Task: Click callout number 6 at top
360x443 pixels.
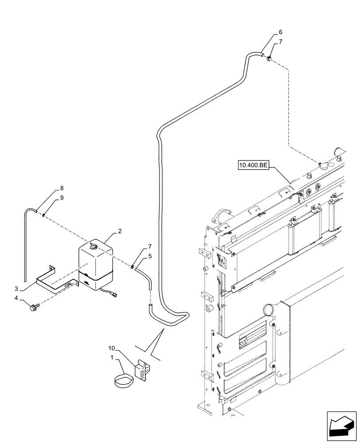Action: click(x=280, y=33)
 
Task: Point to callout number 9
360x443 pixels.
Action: click(x=62, y=198)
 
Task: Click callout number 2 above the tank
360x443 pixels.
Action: click(x=120, y=231)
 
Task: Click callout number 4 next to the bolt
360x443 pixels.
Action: click(x=16, y=298)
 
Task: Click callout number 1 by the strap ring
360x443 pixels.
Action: click(x=112, y=357)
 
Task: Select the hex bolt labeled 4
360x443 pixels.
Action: click(x=34, y=306)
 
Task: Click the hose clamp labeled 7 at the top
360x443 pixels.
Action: click(x=269, y=57)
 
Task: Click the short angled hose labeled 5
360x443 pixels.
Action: click(x=145, y=276)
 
